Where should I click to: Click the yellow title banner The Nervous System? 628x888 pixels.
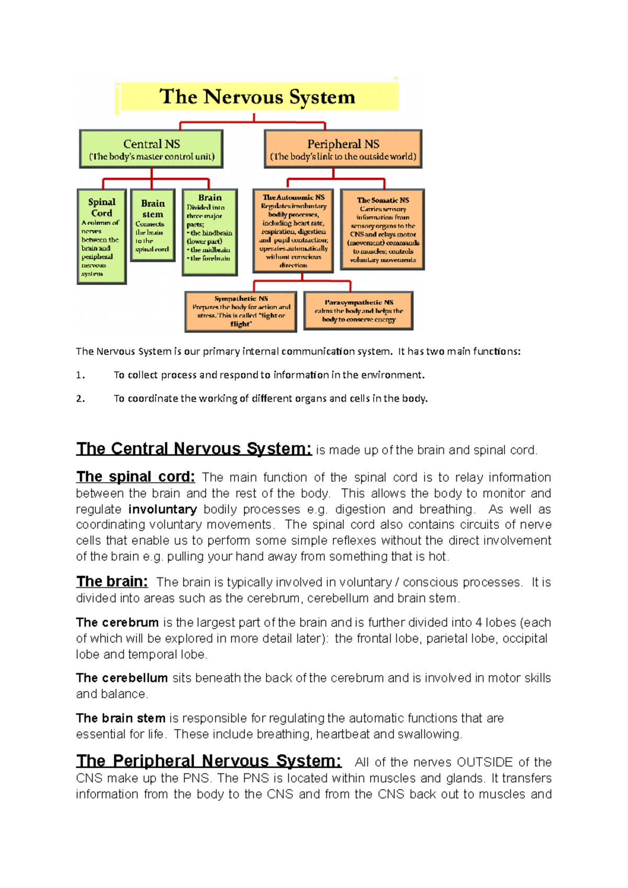point(257,97)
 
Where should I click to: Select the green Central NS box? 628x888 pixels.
point(151,149)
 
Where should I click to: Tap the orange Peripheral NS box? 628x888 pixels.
point(343,149)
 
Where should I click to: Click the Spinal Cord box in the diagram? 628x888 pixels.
point(102,236)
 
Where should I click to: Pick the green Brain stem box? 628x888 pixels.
point(152,225)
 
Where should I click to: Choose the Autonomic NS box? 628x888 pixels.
point(293,231)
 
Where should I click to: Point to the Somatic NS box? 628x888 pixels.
point(383,230)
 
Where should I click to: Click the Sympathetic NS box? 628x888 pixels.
point(241,312)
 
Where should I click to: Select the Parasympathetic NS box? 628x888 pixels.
point(358,311)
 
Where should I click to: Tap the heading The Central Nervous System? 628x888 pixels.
point(194,449)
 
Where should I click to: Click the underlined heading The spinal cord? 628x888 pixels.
point(136,477)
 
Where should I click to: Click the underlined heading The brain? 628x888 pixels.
point(112,582)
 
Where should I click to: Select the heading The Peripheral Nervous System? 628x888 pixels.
point(208,760)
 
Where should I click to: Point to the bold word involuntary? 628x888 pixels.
point(162,509)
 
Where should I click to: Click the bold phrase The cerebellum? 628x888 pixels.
point(121,678)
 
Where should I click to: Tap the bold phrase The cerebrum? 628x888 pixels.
point(117,623)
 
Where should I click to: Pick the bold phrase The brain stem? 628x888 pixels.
point(120,719)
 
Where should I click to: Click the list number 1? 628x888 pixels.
point(80,375)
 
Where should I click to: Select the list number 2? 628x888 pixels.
point(80,399)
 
